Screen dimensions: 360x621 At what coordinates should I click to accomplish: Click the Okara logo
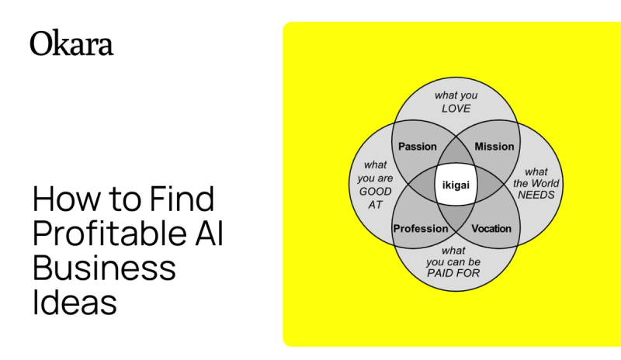pos(71,43)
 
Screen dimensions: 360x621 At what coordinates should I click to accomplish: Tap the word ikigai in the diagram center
pos(456,187)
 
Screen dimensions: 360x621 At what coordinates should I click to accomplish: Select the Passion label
pos(417,147)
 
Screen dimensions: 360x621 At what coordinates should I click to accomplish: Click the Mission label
pos(494,147)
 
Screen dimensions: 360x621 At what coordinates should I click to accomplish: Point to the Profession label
pos(421,228)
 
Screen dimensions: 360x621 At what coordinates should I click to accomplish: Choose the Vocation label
pos(491,228)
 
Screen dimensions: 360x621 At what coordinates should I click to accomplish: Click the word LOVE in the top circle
pos(456,109)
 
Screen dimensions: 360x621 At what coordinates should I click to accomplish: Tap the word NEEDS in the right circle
pos(536,195)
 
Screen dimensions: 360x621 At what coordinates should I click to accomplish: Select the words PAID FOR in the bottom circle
pos(453,274)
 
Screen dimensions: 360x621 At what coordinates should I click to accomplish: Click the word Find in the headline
pos(178,200)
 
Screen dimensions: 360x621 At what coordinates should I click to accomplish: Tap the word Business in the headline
pos(104,268)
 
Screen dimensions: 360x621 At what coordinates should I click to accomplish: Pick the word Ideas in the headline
pos(75,302)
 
